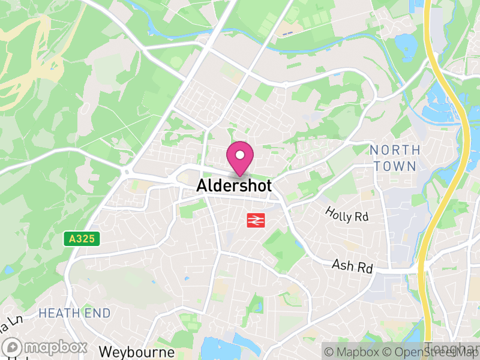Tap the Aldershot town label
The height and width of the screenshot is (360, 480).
(x=234, y=186)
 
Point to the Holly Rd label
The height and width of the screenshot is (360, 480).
(x=347, y=214)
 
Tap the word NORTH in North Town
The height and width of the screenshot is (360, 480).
(x=395, y=149)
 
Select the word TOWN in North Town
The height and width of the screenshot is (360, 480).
(x=395, y=165)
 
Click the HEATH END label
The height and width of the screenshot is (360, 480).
(x=74, y=313)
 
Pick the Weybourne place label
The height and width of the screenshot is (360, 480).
(x=137, y=352)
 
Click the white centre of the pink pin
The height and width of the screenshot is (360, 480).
(x=240, y=155)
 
